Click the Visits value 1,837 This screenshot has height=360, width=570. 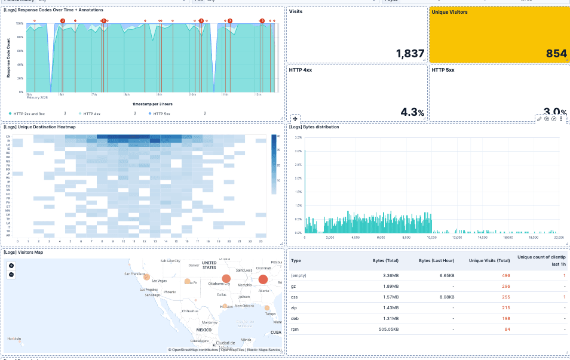410,54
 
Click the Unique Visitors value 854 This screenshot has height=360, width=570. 556,54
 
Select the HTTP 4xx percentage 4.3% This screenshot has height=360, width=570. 412,112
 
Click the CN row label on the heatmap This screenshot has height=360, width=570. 8,137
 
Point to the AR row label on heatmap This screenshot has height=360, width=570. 8,235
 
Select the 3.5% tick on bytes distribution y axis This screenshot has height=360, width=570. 298,137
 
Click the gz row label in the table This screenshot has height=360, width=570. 293,286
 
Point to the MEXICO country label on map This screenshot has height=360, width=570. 204,330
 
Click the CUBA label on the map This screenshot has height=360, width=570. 275,332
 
